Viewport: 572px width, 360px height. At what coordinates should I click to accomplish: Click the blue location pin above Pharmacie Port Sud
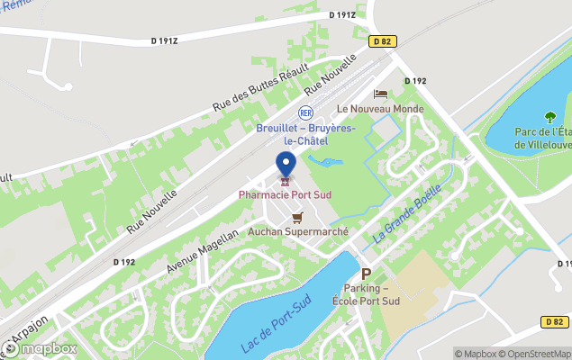286,165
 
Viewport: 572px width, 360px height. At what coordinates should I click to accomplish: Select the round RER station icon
305,112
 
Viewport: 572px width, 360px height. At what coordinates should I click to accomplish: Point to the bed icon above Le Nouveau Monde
380,94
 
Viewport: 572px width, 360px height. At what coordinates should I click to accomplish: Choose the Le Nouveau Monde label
380,109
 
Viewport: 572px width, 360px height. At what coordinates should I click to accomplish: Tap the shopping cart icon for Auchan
297,217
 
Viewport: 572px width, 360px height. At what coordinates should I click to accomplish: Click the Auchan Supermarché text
298,231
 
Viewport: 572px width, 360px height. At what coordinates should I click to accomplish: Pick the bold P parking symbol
366,274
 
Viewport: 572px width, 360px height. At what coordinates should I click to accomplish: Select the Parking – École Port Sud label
366,294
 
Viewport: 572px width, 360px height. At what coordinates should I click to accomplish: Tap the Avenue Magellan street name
203,251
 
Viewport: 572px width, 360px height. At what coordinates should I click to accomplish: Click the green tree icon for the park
549,117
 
